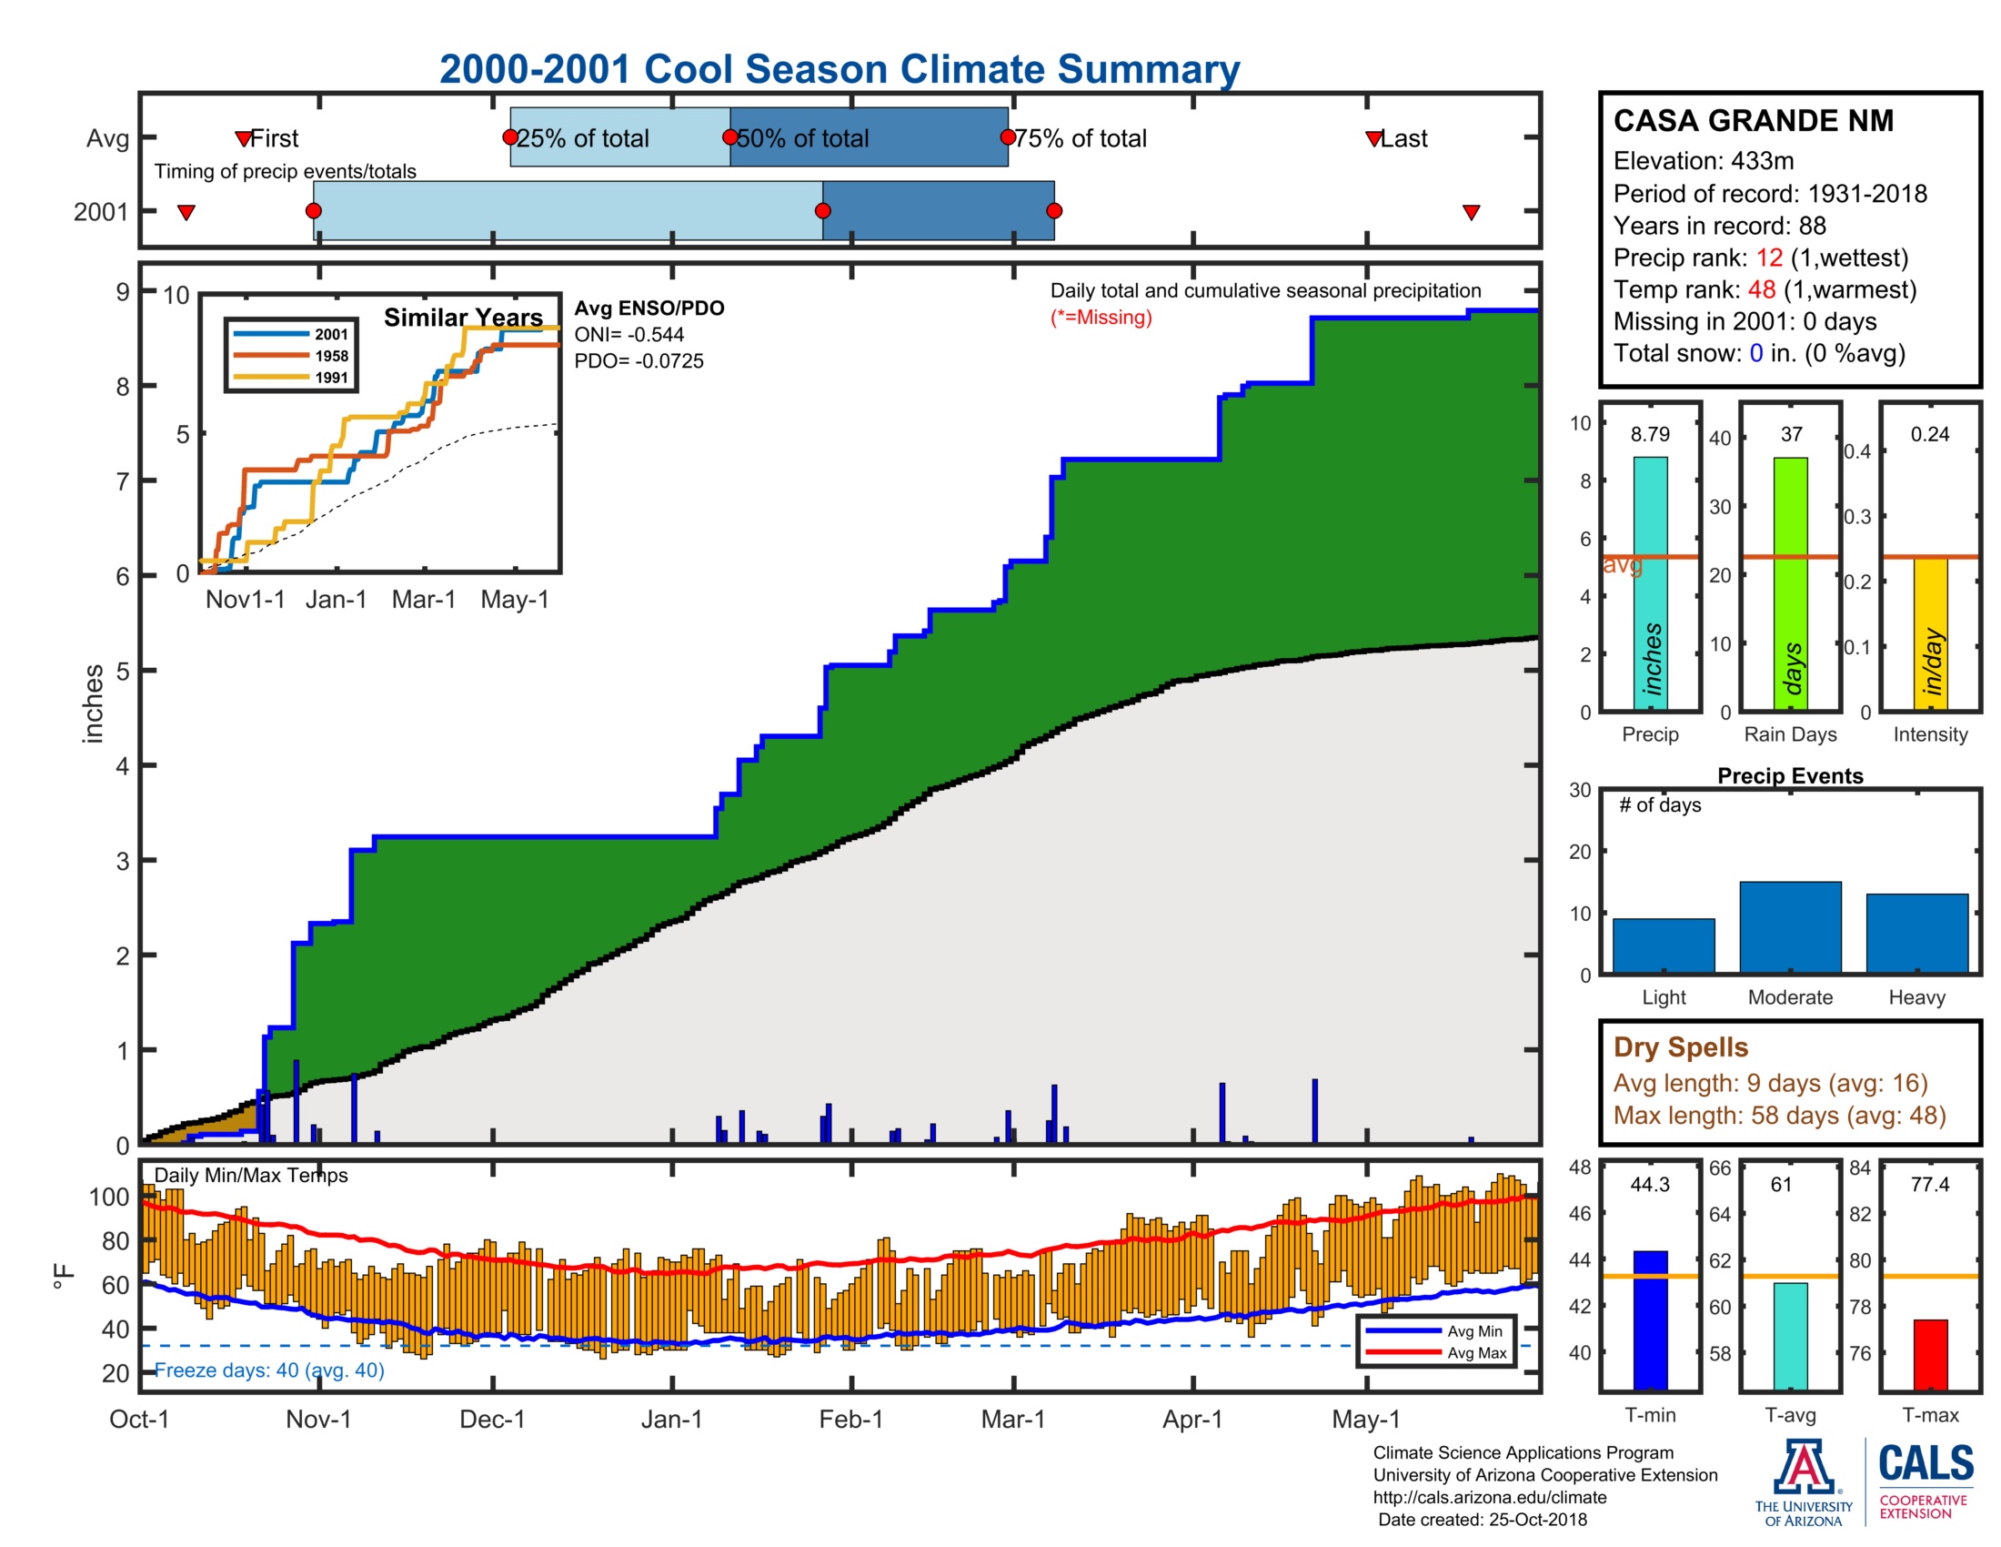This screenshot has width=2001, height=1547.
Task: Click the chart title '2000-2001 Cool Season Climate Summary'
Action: (839, 69)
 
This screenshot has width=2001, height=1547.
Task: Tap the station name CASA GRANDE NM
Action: (1753, 121)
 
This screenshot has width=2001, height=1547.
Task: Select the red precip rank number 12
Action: (1768, 258)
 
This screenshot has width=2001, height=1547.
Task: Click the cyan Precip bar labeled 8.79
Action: (1650, 583)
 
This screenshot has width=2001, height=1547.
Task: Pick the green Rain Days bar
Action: (1790, 583)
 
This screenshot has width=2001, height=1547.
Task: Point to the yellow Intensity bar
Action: (1929, 632)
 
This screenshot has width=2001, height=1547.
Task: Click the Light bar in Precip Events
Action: (1663, 945)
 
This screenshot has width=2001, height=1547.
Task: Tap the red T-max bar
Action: (1929, 1354)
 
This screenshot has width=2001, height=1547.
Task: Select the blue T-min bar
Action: (1650, 1319)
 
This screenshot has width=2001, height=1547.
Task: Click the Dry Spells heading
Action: (1680, 1046)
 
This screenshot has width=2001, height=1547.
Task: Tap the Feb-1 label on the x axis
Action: (850, 1419)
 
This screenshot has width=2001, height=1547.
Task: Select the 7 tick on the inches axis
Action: (123, 481)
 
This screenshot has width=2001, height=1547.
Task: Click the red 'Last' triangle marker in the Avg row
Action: (1373, 138)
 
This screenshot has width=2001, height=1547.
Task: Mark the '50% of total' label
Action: (802, 138)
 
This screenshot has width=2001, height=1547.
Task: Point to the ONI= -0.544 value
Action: (628, 335)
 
